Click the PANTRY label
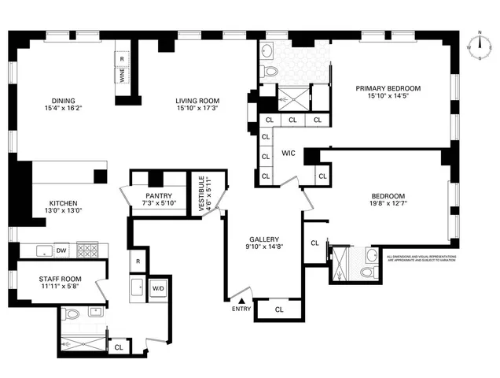pos(158,196)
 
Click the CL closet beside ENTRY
pos(279,310)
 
